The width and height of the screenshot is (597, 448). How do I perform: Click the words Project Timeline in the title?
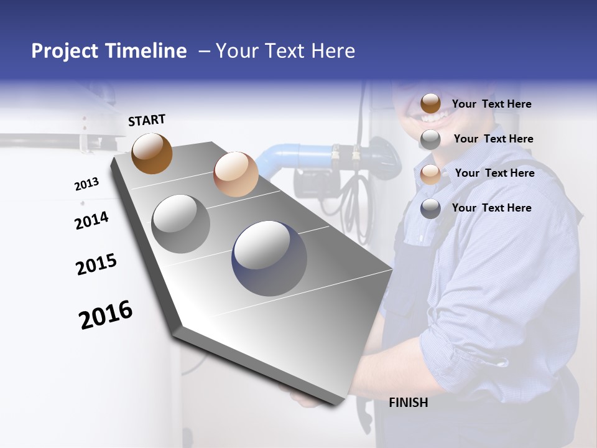[109, 51]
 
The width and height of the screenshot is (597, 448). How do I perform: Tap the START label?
[147, 120]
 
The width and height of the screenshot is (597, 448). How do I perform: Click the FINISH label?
[408, 403]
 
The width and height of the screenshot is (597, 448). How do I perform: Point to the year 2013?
[86, 184]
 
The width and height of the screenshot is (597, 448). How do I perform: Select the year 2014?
[91, 220]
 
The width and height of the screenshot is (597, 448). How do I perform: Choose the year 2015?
[96, 264]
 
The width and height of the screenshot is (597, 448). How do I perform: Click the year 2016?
[106, 315]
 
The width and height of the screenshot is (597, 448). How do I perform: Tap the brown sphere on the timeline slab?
[152, 153]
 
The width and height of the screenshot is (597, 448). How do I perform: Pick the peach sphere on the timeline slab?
[236, 174]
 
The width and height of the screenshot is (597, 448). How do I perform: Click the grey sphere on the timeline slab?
[181, 224]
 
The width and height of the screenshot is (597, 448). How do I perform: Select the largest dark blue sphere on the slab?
[269, 258]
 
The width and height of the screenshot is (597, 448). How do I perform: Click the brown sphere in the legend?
[430, 104]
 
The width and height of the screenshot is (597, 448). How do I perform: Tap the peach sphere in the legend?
[430, 174]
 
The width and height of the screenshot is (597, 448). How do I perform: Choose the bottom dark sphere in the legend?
[430, 208]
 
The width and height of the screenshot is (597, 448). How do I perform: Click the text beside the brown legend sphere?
[491, 104]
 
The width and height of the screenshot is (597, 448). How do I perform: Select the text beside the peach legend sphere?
[494, 173]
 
